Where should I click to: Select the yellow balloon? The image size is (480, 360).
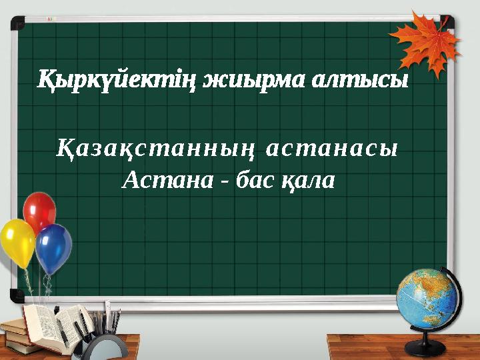pos(17,241)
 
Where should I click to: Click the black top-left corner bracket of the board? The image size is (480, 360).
pos(17,25)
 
